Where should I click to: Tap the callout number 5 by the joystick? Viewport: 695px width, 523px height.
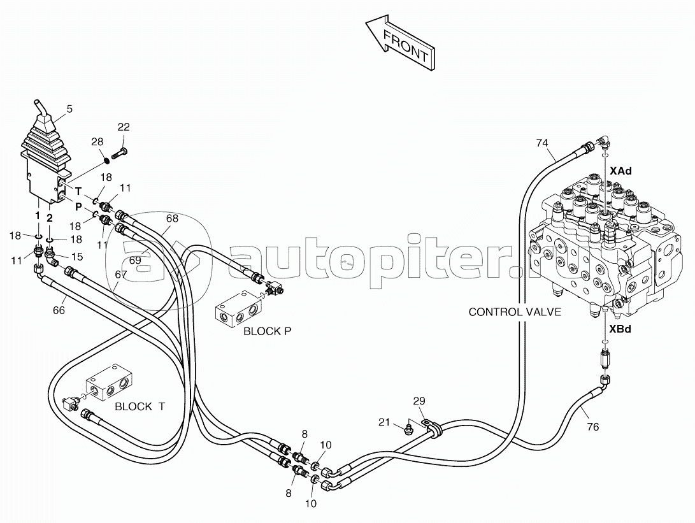(x=69, y=108)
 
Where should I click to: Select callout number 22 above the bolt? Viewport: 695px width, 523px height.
(x=124, y=127)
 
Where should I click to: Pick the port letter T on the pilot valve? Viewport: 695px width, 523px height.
(x=78, y=192)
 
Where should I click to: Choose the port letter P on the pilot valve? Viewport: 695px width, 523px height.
(x=78, y=206)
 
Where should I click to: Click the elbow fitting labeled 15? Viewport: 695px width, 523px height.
(x=52, y=257)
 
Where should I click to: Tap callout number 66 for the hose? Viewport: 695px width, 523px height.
(x=59, y=310)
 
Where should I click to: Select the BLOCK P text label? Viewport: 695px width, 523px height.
(x=268, y=331)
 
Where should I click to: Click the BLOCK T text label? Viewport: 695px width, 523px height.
(x=140, y=406)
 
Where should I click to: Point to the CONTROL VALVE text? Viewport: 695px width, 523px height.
(x=515, y=312)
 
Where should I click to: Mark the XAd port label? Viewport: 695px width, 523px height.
(x=620, y=171)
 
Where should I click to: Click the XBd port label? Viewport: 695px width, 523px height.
(x=620, y=329)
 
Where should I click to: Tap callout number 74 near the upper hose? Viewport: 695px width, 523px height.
(x=541, y=143)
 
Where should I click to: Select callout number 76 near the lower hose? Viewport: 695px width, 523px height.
(x=592, y=427)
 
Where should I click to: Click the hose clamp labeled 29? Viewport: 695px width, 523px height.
(x=431, y=426)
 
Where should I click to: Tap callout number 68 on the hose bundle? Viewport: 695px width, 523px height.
(x=172, y=219)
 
